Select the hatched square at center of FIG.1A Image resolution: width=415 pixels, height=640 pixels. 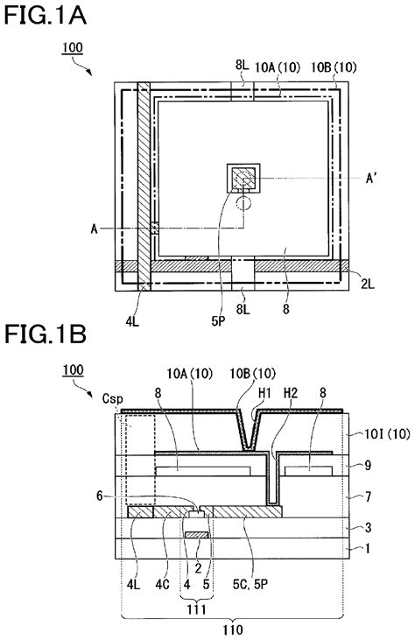pyautogui.click(x=244, y=179)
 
